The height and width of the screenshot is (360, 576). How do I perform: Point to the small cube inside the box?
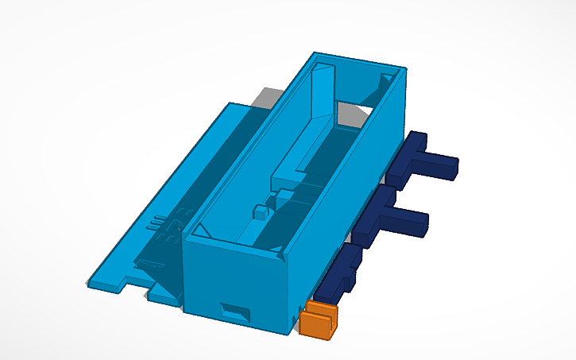click(259, 212)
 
